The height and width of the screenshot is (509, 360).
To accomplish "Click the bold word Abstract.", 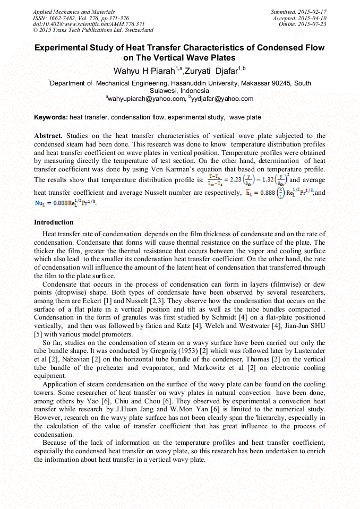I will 48,136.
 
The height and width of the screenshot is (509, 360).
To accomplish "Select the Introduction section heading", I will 54,222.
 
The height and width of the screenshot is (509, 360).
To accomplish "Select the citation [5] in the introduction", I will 38,334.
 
